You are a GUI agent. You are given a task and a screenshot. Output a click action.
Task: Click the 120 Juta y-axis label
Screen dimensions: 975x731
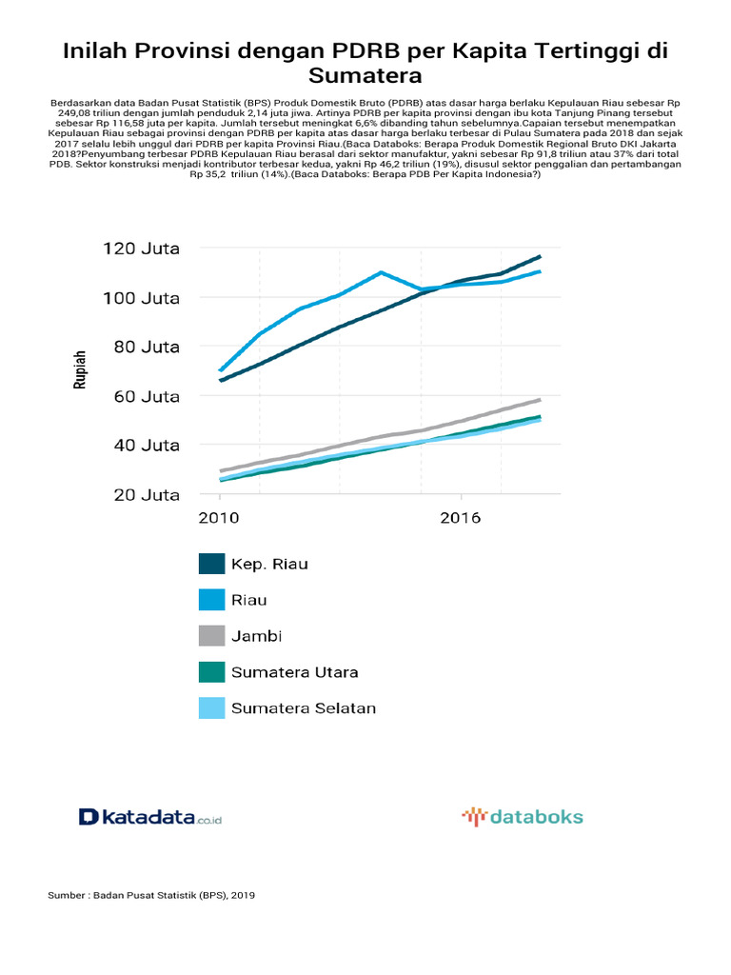click(x=141, y=249)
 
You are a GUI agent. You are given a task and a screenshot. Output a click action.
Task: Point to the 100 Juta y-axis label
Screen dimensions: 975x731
click(x=141, y=298)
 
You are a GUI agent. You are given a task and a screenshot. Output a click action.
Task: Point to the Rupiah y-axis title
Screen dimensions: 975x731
click(x=81, y=371)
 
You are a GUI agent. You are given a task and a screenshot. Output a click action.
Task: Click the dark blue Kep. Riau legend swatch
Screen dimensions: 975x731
click(x=211, y=564)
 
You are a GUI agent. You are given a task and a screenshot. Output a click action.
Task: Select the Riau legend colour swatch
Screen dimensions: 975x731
click(x=211, y=600)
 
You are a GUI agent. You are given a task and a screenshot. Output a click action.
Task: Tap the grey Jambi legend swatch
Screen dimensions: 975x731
click(x=211, y=636)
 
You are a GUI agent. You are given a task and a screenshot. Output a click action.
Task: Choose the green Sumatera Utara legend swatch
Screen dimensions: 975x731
click(x=211, y=672)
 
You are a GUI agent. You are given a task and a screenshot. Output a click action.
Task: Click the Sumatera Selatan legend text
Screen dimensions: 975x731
click(x=304, y=708)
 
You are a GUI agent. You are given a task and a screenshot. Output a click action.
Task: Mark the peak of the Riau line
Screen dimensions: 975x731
click(x=381, y=272)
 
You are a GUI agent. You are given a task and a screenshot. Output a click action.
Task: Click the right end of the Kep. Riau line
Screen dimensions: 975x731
click(x=540, y=256)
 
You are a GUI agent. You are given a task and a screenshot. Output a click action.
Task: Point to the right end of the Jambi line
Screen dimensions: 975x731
click(x=540, y=400)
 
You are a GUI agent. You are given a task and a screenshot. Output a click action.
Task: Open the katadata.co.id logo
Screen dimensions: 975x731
click(x=150, y=817)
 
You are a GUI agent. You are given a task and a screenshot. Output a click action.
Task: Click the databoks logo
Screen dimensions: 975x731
click(x=523, y=816)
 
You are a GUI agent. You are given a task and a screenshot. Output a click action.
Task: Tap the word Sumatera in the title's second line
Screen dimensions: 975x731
click(x=365, y=75)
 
